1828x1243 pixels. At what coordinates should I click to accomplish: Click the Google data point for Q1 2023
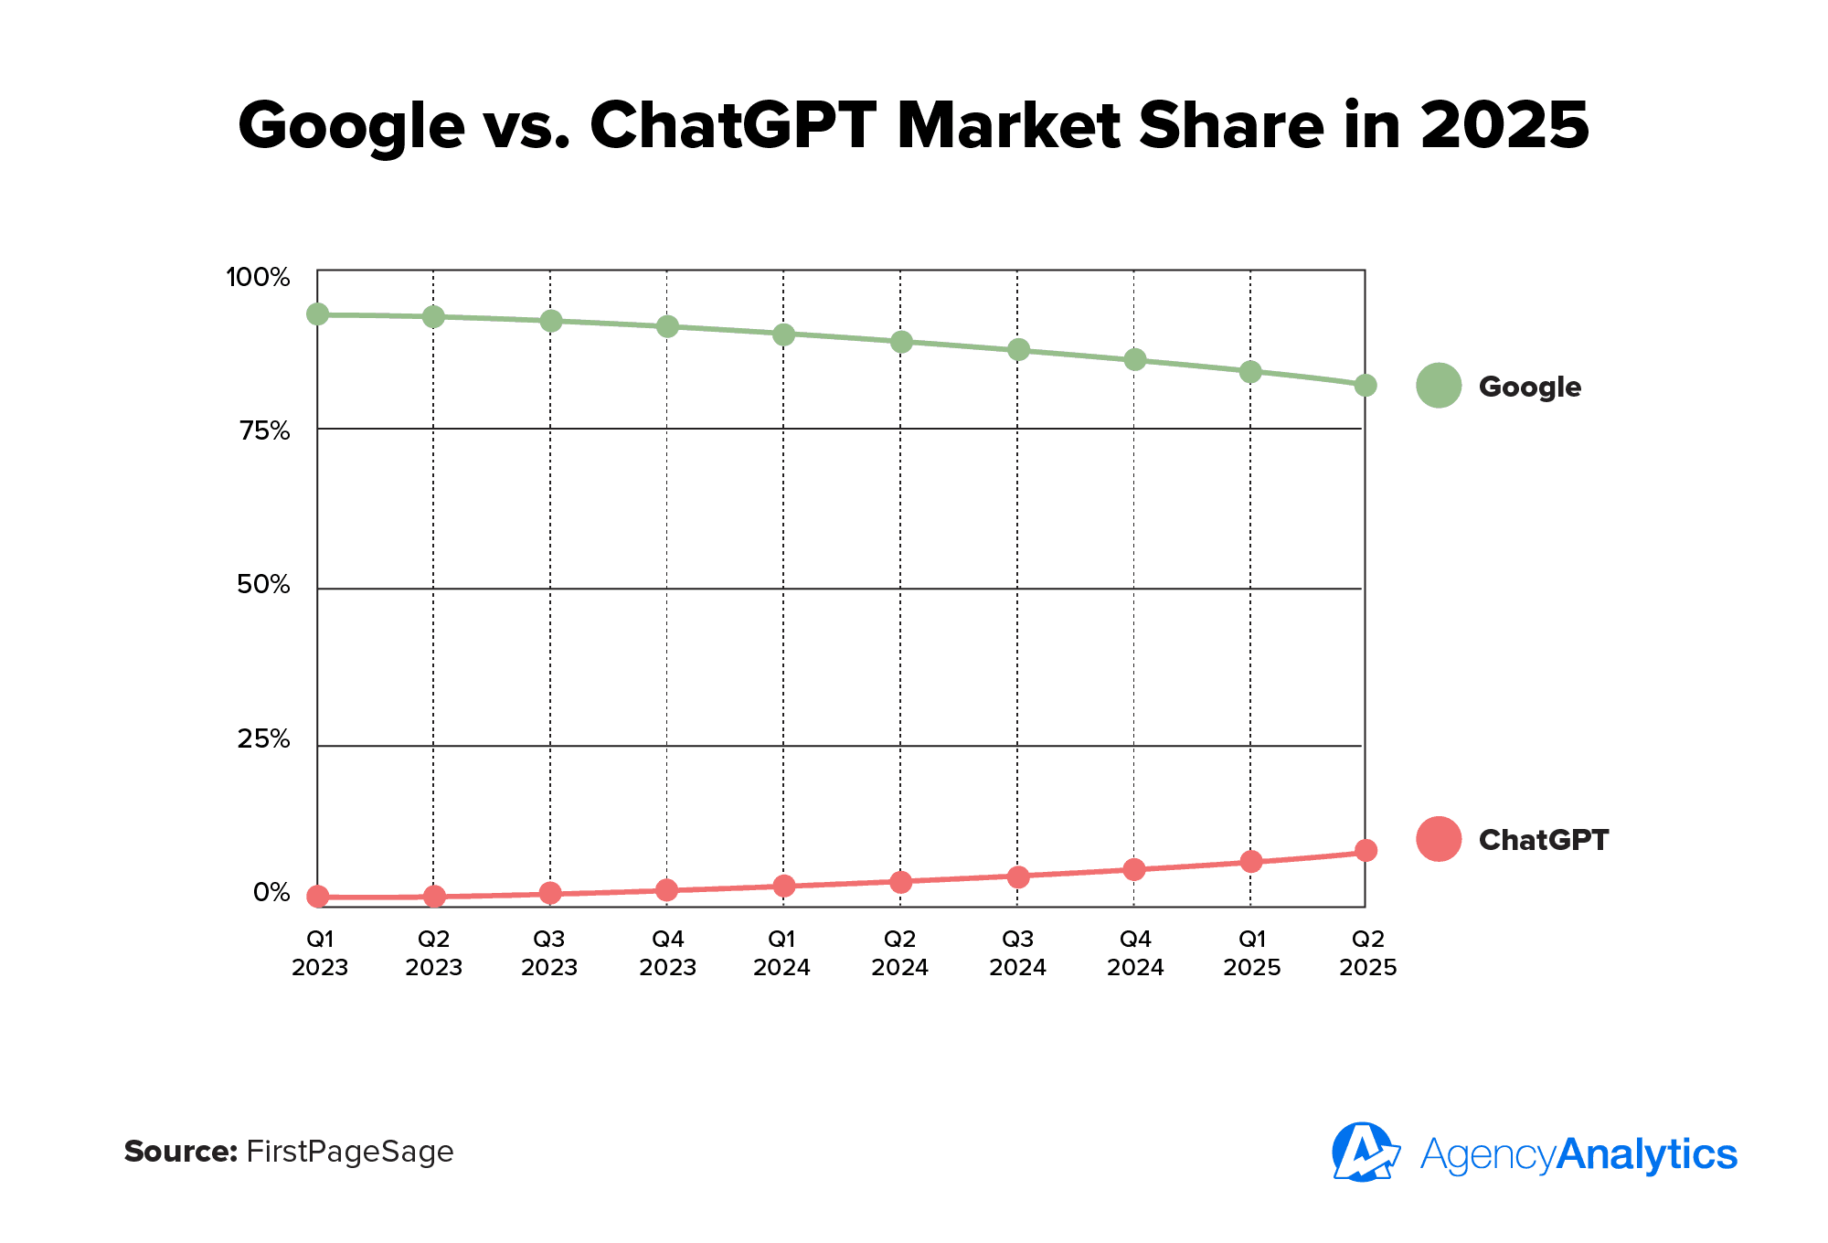click(x=317, y=314)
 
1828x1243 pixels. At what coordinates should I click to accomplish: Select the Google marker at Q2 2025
click(x=1365, y=386)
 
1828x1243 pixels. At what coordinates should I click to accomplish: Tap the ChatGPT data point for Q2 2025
click(x=1365, y=851)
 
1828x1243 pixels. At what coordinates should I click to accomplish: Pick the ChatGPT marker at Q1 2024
click(x=783, y=886)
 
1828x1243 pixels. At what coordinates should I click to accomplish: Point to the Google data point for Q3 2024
click(x=1017, y=350)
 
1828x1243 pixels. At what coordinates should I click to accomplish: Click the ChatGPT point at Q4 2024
click(x=1133, y=869)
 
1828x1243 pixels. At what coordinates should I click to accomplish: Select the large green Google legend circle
click(x=1439, y=386)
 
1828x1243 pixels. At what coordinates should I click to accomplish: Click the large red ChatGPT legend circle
click(x=1439, y=839)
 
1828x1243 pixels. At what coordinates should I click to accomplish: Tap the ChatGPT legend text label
click(x=1543, y=840)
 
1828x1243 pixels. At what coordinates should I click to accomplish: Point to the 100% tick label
click(x=258, y=278)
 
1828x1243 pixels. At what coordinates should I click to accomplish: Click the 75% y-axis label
click(x=264, y=431)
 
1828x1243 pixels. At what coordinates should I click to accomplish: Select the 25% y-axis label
click(x=263, y=739)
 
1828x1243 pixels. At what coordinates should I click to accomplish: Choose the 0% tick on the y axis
click(x=271, y=893)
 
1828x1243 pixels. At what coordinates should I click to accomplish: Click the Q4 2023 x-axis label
click(x=667, y=953)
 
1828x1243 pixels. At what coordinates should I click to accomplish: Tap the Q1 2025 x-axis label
click(x=1251, y=953)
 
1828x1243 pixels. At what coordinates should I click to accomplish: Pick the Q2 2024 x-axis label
click(x=899, y=953)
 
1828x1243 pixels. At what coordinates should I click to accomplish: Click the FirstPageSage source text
click(x=350, y=1152)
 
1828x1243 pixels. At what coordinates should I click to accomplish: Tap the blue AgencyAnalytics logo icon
click(x=1365, y=1153)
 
